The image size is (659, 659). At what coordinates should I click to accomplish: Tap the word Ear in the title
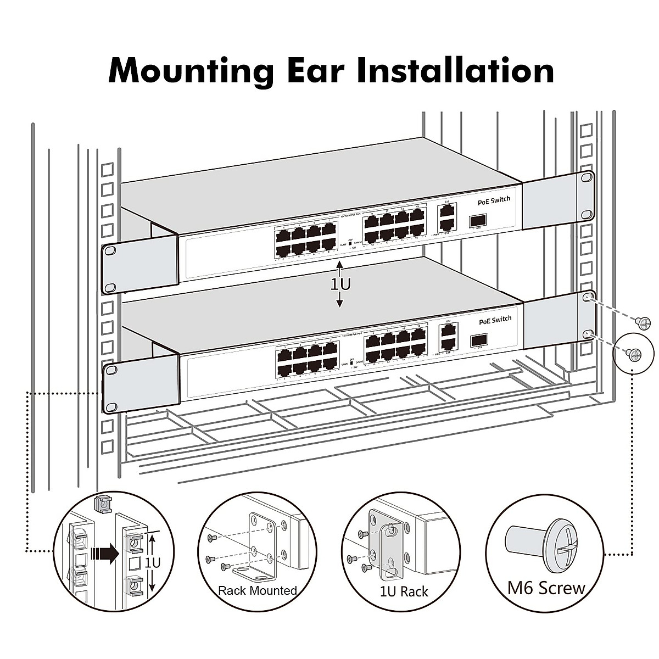click(x=315, y=69)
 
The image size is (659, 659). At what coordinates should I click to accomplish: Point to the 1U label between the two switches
click(x=340, y=284)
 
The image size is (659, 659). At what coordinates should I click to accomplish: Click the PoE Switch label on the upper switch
click(x=494, y=200)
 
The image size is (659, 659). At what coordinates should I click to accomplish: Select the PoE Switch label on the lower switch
click(x=495, y=320)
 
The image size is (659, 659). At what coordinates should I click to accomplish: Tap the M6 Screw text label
click(x=546, y=588)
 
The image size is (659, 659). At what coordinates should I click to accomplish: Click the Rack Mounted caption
click(x=257, y=591)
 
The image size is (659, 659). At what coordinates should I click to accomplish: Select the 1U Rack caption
click(x=404, y=591)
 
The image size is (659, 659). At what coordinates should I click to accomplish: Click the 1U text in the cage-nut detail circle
click(x=152, y=562)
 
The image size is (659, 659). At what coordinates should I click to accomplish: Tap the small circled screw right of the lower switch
click(x=635, y=354)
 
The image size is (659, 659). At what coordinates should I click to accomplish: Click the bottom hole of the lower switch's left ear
click(x=111, y=407)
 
